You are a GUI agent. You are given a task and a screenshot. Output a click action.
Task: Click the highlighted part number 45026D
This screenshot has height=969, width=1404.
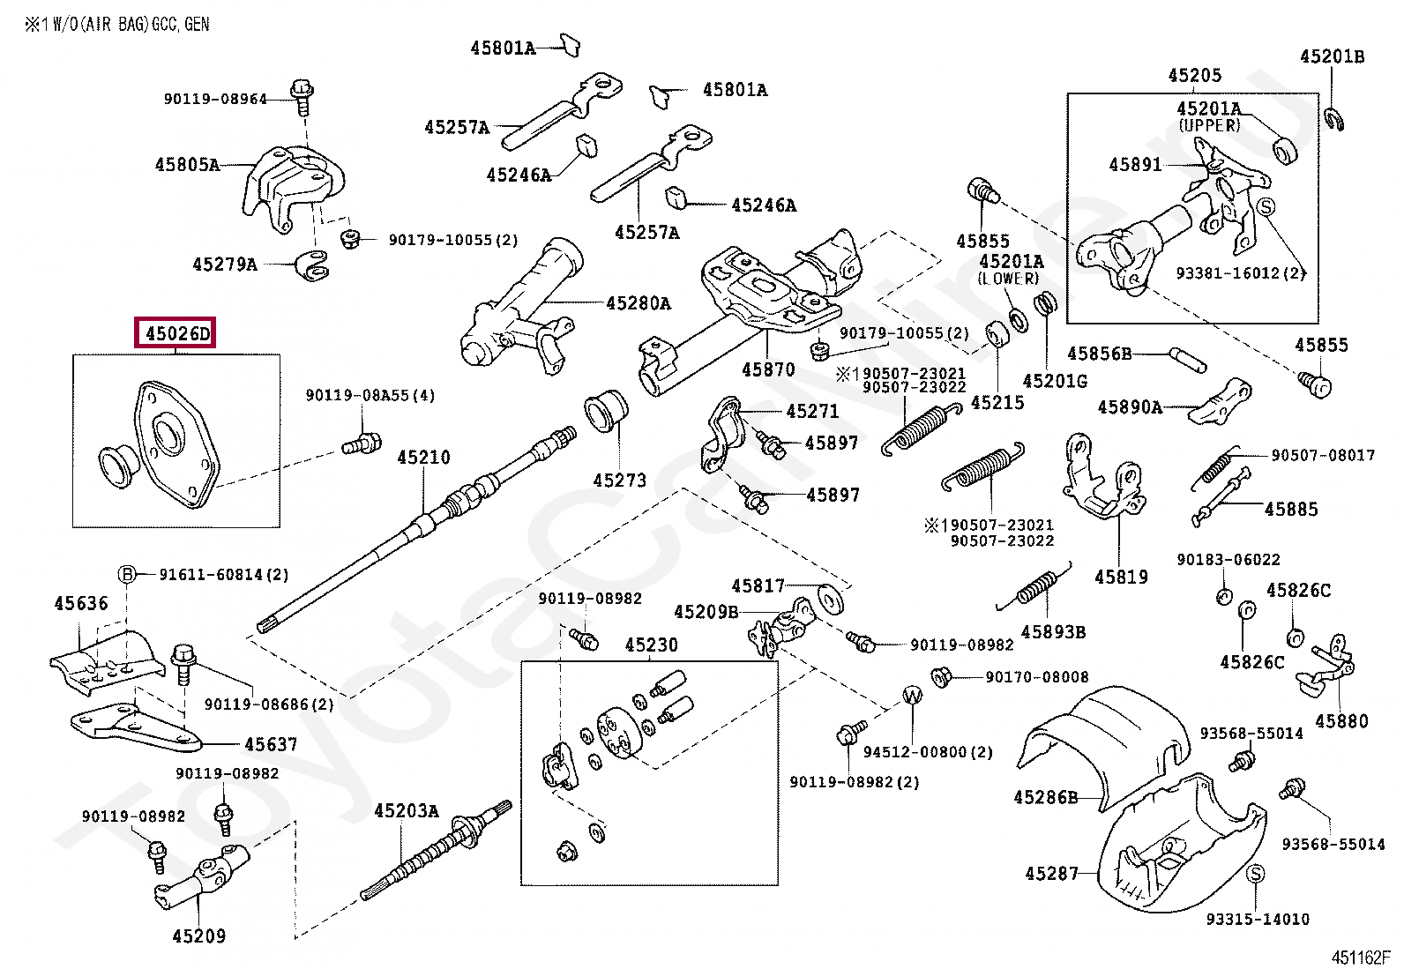coord(176,334)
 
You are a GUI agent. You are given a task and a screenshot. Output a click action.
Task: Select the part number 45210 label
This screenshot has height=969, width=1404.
coord(423,458)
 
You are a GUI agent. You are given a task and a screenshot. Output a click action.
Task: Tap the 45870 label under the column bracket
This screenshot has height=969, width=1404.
coord(768,370)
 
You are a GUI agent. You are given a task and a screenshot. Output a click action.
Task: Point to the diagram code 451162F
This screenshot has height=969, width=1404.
coord(1360,958)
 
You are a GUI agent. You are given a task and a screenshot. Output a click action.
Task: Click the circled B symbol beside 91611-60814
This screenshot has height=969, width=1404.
coord(127,575)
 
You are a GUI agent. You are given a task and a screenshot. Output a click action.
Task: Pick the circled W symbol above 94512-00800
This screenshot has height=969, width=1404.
coord(912,696)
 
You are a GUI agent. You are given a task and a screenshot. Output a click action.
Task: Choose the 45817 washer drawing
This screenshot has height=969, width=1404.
coord(830,599)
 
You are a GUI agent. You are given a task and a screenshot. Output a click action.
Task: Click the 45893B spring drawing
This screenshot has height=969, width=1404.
coord(1035,588)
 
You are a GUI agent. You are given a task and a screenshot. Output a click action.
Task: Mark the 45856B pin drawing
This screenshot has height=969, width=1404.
coord(1187,359)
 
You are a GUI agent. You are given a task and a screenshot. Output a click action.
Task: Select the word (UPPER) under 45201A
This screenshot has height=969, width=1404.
coord(1209,125)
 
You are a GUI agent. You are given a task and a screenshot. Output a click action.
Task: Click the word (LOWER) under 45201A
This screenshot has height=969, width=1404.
coord(1009,279)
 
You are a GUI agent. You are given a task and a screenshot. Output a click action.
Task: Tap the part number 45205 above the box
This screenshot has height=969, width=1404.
coord(1194,76)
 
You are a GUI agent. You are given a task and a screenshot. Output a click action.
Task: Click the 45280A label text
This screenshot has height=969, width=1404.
coord(639,304)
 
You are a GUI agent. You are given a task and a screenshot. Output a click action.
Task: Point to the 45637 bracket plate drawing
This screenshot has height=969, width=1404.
coord(137,727)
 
